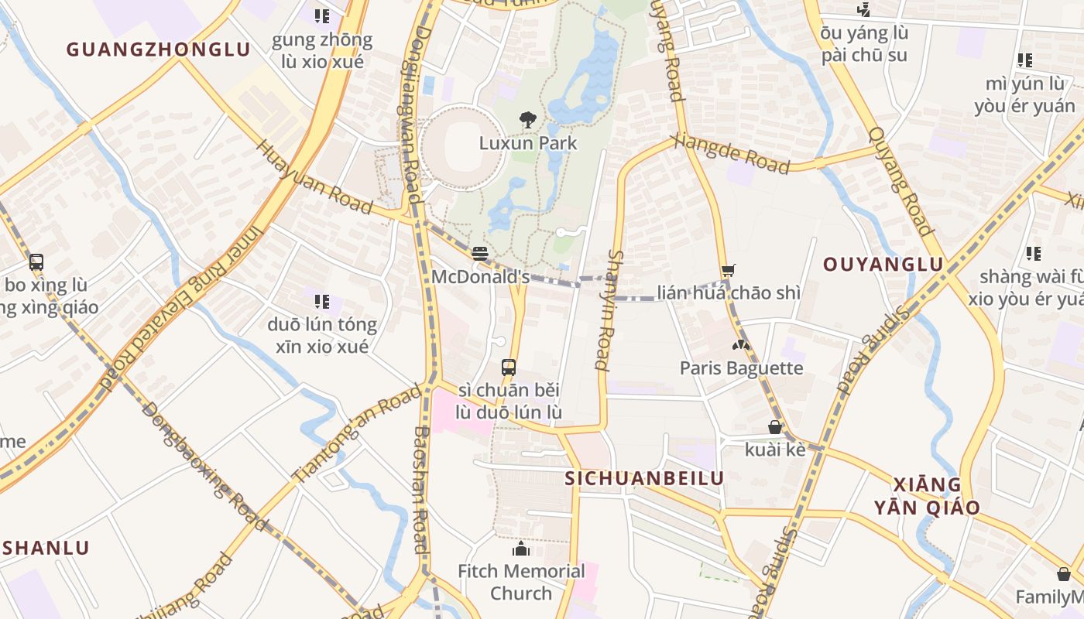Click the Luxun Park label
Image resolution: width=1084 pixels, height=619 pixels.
[528, 143]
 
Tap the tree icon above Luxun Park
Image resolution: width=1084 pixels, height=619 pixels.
[528, 120]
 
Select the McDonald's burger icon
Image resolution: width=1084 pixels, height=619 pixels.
[480, 254]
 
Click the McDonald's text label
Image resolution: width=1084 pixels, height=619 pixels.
[480, 277]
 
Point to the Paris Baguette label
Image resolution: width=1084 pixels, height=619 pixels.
[741, 368]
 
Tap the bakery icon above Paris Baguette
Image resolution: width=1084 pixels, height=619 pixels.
[741, 344]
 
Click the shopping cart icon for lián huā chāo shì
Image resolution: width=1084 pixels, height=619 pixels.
[728, 270]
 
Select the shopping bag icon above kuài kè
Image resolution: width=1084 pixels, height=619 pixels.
[774, 427]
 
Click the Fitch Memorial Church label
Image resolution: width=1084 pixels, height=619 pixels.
[521, 582]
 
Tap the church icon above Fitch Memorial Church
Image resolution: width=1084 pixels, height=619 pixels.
[521, 549]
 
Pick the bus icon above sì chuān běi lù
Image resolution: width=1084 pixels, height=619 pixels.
[509, 368]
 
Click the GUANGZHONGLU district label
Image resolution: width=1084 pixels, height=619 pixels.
[158, 50]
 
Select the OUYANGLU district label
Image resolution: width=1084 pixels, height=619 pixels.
[883, 265]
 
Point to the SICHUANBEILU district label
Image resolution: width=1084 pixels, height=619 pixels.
[644, 478]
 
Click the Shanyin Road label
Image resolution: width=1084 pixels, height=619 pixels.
[609, 309]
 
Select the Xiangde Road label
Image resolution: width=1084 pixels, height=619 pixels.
[732, 153]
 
